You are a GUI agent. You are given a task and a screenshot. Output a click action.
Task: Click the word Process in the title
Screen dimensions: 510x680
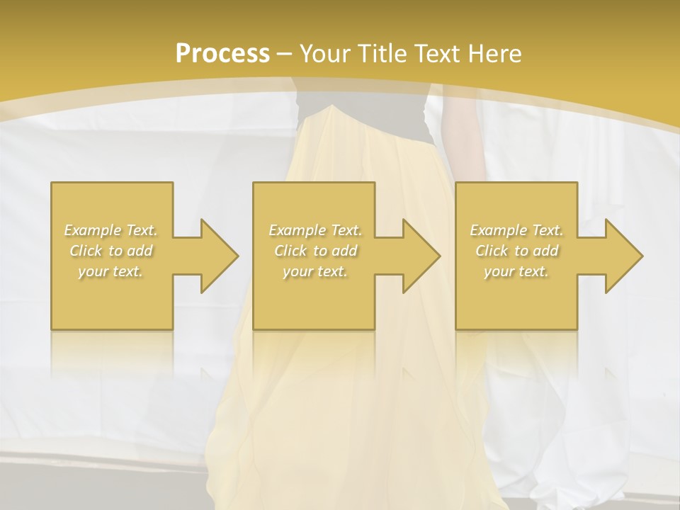pos(222,54)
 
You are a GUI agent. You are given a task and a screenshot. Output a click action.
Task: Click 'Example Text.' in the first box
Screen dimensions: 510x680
pos(110,230)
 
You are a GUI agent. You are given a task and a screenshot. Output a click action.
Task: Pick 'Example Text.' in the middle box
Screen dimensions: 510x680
pos(315,230)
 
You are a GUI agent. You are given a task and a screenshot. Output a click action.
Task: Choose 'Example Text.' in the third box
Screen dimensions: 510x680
pos(516,230)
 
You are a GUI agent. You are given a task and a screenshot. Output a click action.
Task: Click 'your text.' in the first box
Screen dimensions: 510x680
pos(110,271)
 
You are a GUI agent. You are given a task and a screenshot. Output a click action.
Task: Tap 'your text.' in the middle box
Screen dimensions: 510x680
pos(315,271)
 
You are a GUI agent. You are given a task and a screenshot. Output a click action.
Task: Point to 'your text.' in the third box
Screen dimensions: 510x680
pos(516,271)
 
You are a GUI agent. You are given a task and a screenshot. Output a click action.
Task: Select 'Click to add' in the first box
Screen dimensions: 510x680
pos(110,251)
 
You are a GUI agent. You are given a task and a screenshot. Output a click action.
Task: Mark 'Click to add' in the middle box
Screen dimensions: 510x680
pos(315,251)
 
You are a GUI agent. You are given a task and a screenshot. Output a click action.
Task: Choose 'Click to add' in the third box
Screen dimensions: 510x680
pos(516,251)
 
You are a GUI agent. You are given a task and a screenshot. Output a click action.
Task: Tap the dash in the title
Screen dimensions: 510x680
pos(285,54)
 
